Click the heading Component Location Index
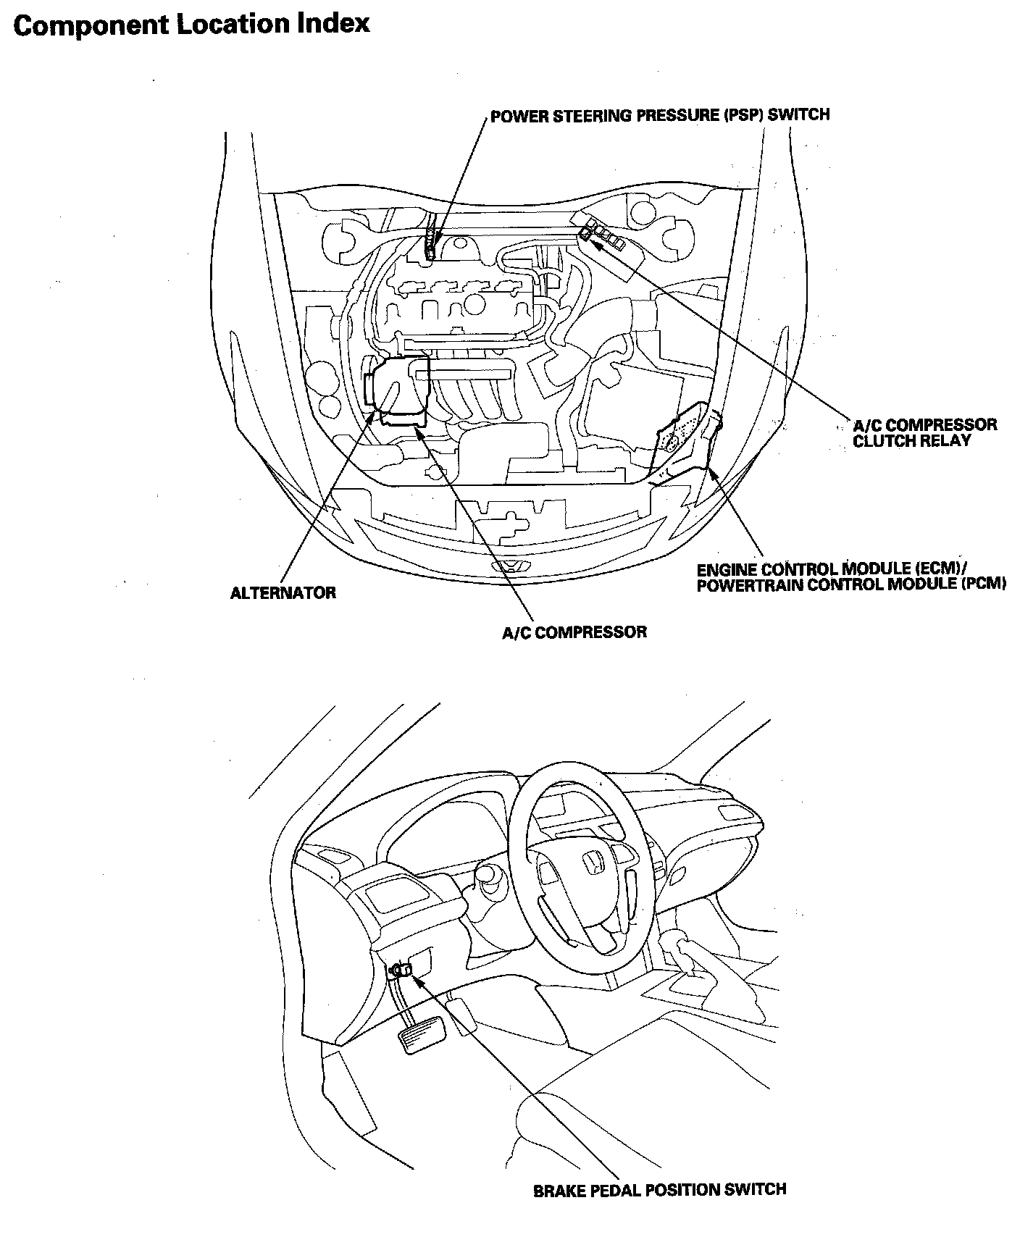191,25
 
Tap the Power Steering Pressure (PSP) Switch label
659,115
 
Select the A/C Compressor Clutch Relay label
924,432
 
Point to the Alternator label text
283,593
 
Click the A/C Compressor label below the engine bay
574,632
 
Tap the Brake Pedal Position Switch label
659,1189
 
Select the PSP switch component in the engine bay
432,244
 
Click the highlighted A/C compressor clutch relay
585,232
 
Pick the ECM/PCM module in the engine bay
681,437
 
